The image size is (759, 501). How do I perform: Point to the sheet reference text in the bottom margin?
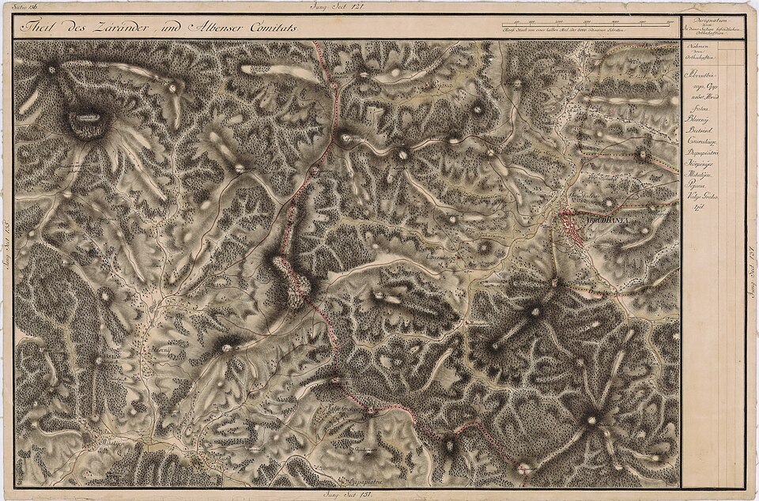347,494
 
